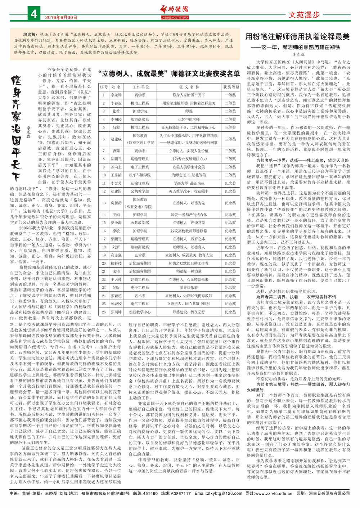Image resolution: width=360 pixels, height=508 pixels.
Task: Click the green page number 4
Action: click(x=34, y=14)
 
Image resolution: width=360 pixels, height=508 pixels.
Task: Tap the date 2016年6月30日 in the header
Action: click(x=61, y=17)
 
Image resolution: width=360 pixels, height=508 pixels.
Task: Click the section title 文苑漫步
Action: click(x=304, y=15)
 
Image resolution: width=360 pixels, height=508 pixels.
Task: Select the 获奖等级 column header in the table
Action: click(x=231, y=87)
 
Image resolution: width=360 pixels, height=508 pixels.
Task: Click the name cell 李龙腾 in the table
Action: click(x=116, y=95)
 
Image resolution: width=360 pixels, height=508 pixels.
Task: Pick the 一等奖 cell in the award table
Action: click(x=230, y=95)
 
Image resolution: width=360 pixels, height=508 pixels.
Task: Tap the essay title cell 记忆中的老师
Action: click(x=189, y=120)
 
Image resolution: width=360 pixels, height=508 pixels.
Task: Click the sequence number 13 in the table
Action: click(x=104, y=203)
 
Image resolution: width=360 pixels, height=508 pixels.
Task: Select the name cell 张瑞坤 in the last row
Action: click(x=116, y=312)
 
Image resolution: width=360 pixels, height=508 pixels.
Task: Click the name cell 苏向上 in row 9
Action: click(x=116, y=167)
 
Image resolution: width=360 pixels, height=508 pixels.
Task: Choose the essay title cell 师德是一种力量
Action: click(x=189, y=271)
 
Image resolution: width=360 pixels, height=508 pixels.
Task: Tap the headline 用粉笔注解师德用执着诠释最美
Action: click(x=297, y=37)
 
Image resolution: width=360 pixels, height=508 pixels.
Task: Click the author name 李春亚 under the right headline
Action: click(x=298, y=54)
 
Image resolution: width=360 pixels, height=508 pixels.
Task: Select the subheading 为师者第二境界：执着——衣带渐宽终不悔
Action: click(x=296, y=297)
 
